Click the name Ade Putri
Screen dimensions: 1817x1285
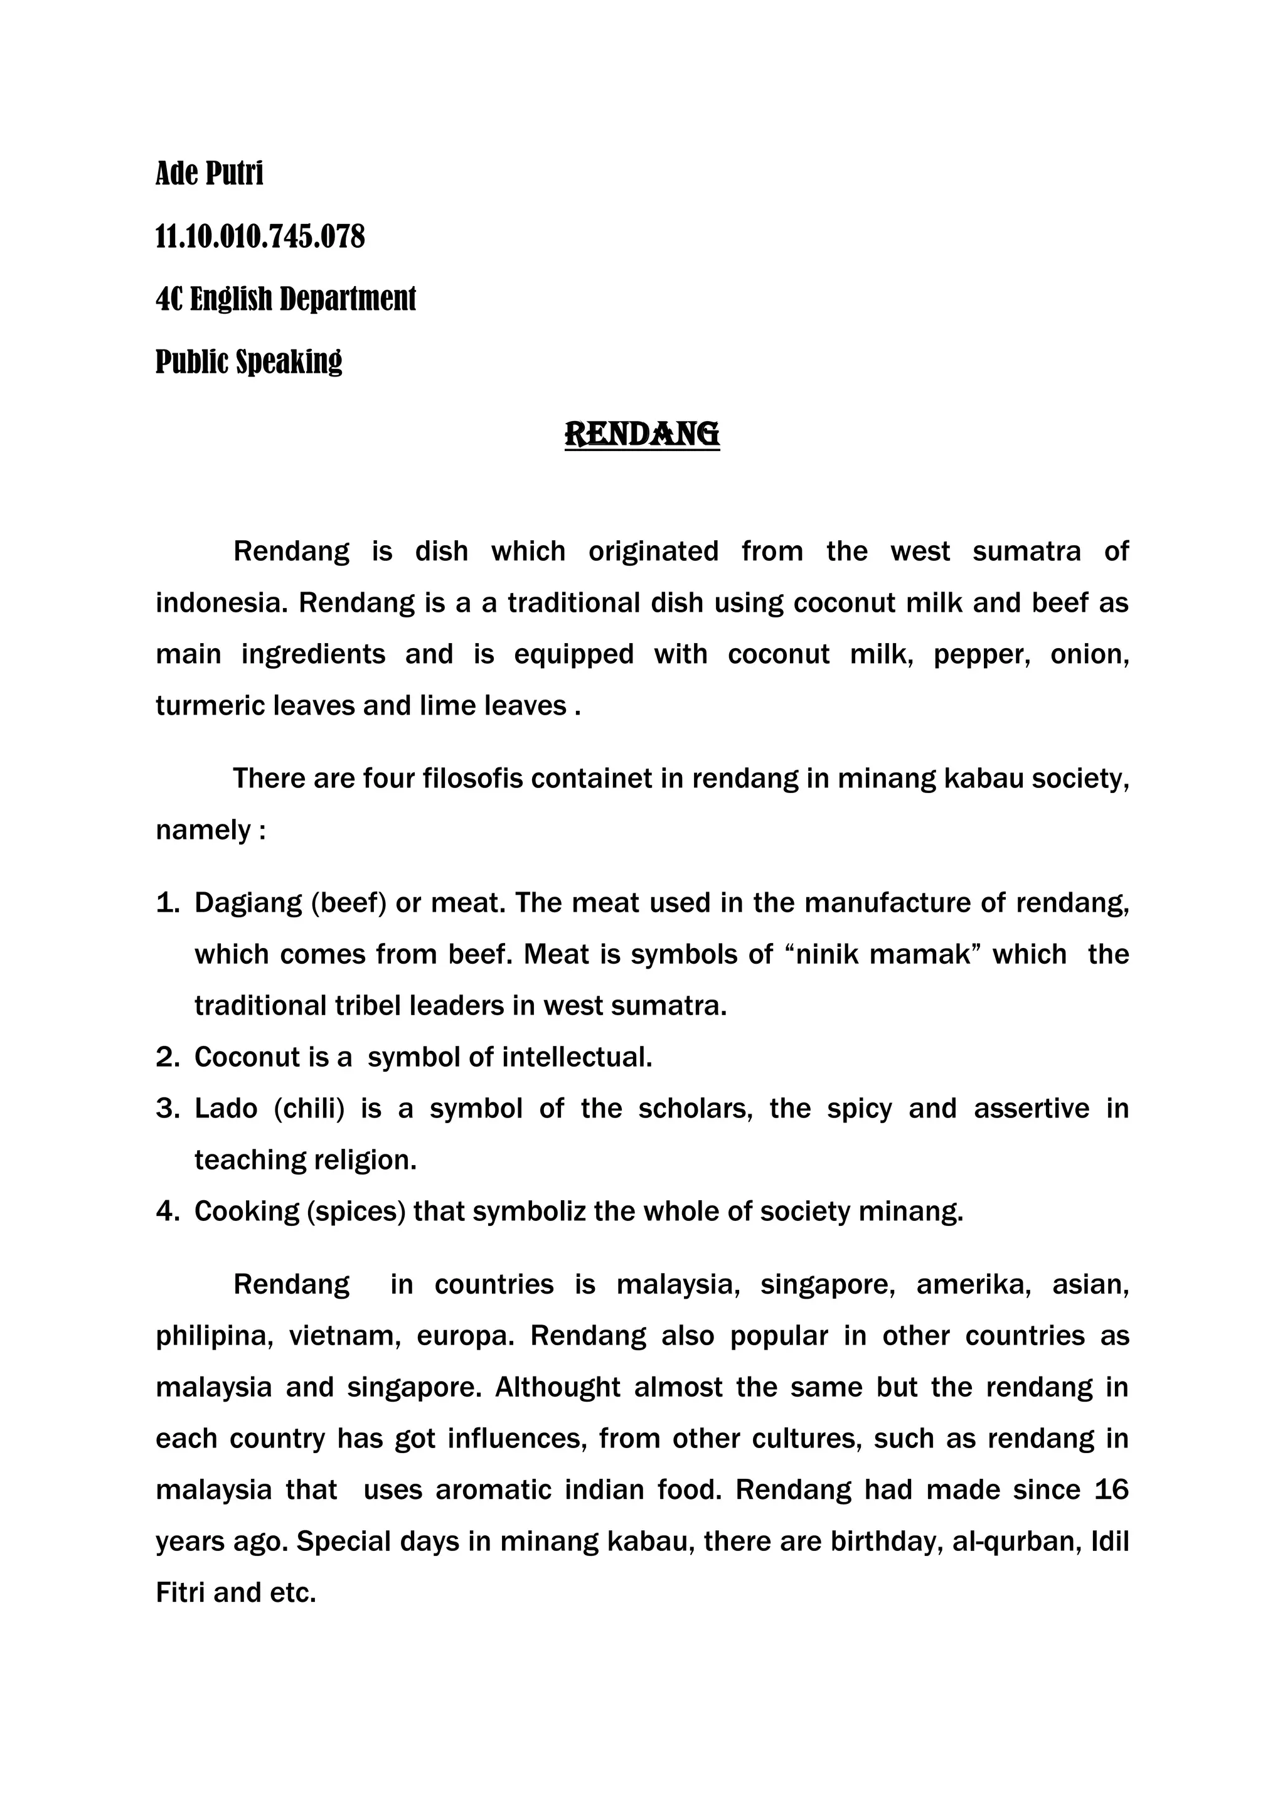tap(209, 173)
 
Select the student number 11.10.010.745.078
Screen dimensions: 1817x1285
tap(260, 236)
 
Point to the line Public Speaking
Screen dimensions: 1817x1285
tap(248, 361)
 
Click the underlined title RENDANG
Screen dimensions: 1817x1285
tap(642, 434)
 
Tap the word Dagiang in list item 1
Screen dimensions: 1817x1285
tap(248, 903)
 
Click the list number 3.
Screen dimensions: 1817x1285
tap(167, 1109)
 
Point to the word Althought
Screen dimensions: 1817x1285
tap(558, 1387)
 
